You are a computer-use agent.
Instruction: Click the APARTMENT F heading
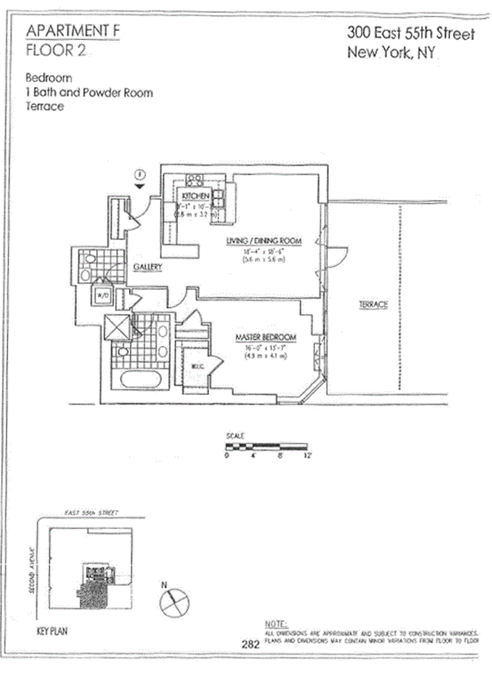(x=73, y=31)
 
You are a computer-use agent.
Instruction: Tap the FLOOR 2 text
(x=56, y=50)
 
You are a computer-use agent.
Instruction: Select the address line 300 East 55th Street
(x=411, y=33)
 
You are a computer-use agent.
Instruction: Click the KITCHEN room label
(x=196, y=196)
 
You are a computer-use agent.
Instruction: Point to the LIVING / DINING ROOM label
(x=264, y=241)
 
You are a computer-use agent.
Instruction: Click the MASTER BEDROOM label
(x=266, y=337)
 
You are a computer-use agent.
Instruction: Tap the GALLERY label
(x=147, y=267)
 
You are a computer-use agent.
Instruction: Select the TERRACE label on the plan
(x=374, y=304)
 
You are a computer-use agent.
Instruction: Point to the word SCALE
(x=235, y=436)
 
